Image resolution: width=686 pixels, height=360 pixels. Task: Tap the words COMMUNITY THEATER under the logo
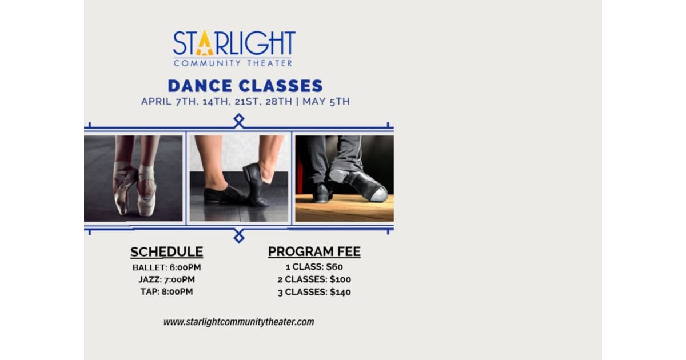(233, 63)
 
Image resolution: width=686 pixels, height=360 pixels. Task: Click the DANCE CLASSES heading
(245, 86)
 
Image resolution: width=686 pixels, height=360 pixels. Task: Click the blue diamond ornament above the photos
(239, 120)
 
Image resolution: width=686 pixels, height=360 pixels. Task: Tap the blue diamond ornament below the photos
(239, 235)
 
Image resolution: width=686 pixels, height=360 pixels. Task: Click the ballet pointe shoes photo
(133, 178)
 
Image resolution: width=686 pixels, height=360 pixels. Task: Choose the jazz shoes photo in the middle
(239, 178)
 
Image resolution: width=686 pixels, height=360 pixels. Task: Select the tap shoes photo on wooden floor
(344, 178)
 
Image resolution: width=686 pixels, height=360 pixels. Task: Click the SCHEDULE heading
(166, 252)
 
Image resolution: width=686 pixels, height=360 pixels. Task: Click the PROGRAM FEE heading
(314, 252)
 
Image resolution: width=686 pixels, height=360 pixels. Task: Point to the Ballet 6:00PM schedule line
(166, 267)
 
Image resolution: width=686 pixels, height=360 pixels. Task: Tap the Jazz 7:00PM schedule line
(166, 279)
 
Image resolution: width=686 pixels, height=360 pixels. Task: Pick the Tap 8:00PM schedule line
(166, 291)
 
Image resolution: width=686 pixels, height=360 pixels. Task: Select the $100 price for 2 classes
(340, 279)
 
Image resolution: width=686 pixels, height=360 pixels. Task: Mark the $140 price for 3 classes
(340, 292)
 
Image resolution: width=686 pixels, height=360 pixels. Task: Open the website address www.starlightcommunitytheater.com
(238, 322)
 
